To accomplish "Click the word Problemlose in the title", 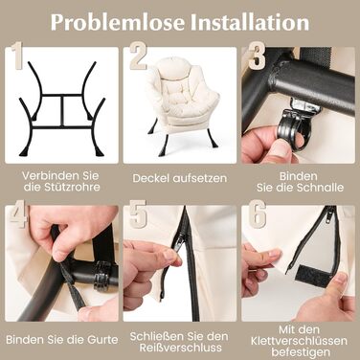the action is (118, 22).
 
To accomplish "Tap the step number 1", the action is (17, 56).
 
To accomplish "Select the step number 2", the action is (138, 56).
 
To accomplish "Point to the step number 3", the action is (257, 56).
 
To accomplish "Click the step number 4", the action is (18, 214).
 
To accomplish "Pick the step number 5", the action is (138, 214).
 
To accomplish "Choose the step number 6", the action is (258, 214).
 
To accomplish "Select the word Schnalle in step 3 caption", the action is (322, 188).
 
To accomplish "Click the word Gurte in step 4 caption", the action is (102, 340).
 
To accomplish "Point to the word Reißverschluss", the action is (180, 348).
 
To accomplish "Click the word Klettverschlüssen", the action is (299, 341).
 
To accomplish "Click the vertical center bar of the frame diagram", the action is (63, 111).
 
